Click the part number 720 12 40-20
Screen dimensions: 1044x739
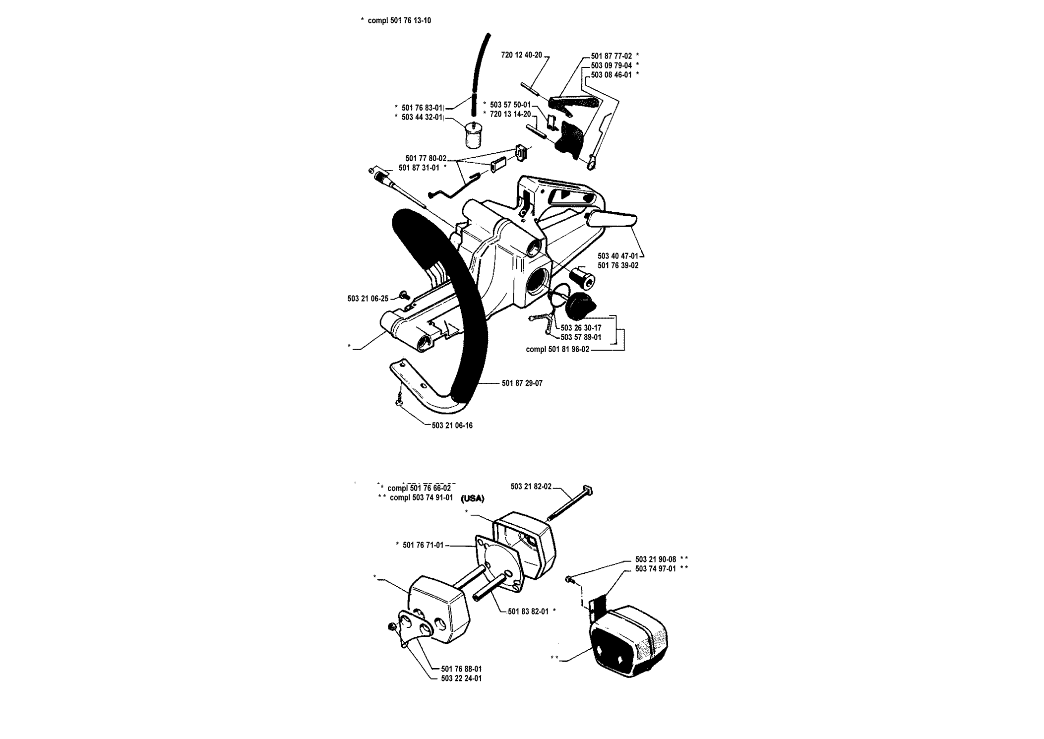[x=521, y=55]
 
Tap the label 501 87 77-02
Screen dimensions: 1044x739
[x=611, y=56]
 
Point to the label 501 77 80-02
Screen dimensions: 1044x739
[x=426, y=158]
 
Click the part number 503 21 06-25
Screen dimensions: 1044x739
[x=368, y=299]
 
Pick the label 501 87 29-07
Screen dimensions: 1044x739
[x=522, y=383]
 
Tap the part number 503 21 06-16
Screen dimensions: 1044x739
[x=452, y=425]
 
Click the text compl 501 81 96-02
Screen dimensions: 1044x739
[x=557, y=349]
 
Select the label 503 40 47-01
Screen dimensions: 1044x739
[x=618, y=256]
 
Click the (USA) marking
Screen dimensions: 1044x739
[x=473, y=498]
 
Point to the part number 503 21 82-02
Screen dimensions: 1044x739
[x=531, y=487]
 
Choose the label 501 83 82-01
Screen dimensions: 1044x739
[x=528, y=611]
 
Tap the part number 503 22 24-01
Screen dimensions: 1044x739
[x=461, y=678]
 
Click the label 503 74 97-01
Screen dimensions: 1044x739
[x=656, y=568]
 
